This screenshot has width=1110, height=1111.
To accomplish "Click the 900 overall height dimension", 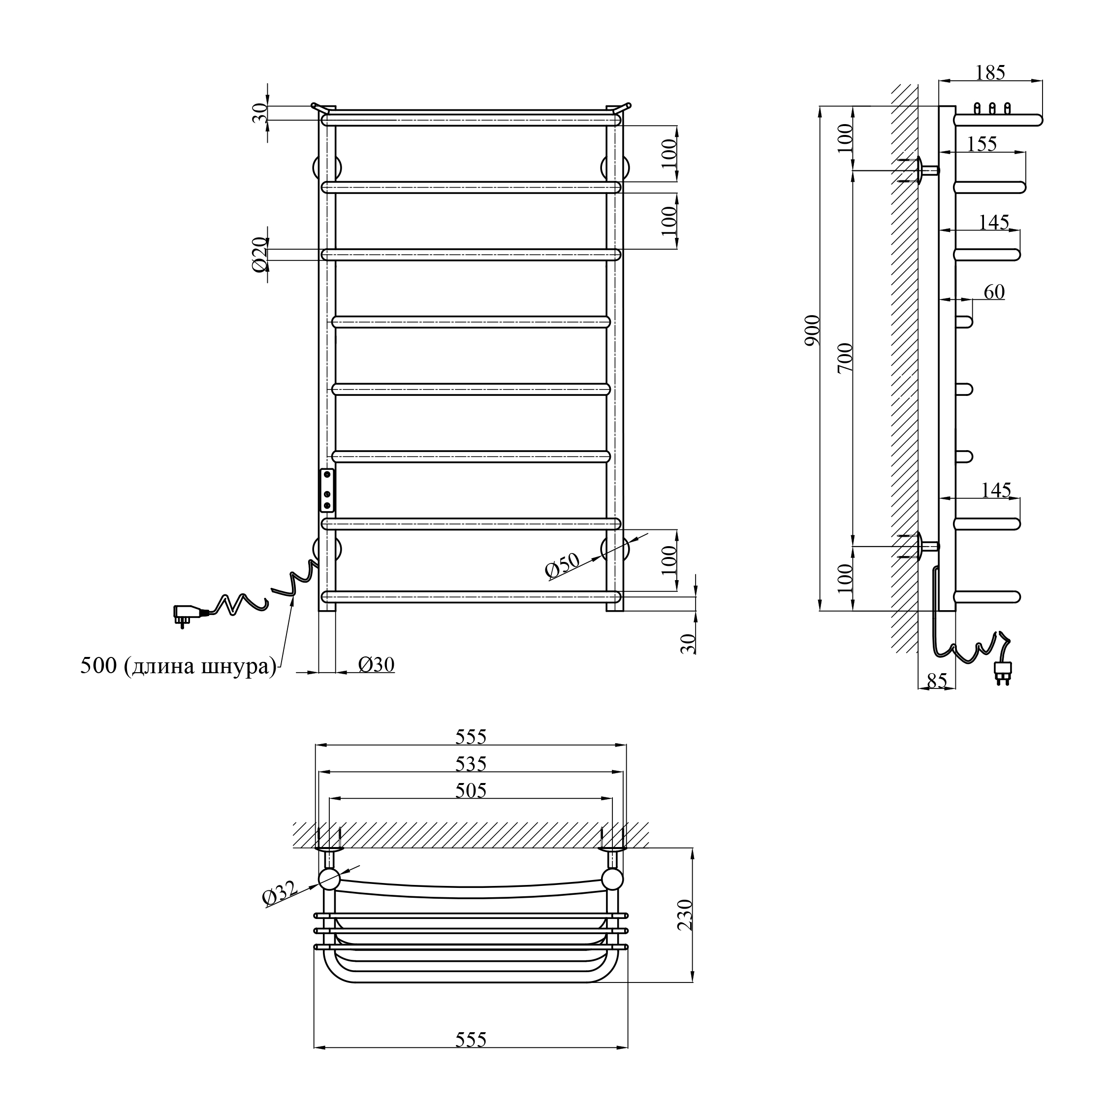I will (x=812, y=330).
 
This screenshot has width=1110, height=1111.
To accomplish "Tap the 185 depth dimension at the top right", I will (x=990, y=73).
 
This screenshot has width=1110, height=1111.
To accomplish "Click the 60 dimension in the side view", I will (x=994, y=292).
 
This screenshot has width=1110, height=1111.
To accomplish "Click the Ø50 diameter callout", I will (x=562, y=566).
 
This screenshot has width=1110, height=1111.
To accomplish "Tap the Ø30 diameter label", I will (x=377, y=665).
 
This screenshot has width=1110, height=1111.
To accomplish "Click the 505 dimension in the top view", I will (x=471, y=791).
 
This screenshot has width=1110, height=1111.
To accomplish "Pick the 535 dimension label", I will (x=471, y=764).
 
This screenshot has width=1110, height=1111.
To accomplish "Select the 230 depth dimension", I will (x=685, y=915).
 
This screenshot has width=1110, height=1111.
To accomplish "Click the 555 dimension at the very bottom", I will (x=471, y=1040).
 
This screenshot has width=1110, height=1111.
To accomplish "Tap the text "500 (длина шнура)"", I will (x=178, y=666).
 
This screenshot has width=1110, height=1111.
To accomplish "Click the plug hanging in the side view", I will (x=1004, y=672).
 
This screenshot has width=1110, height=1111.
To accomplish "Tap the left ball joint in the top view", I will (x=329, y=879).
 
